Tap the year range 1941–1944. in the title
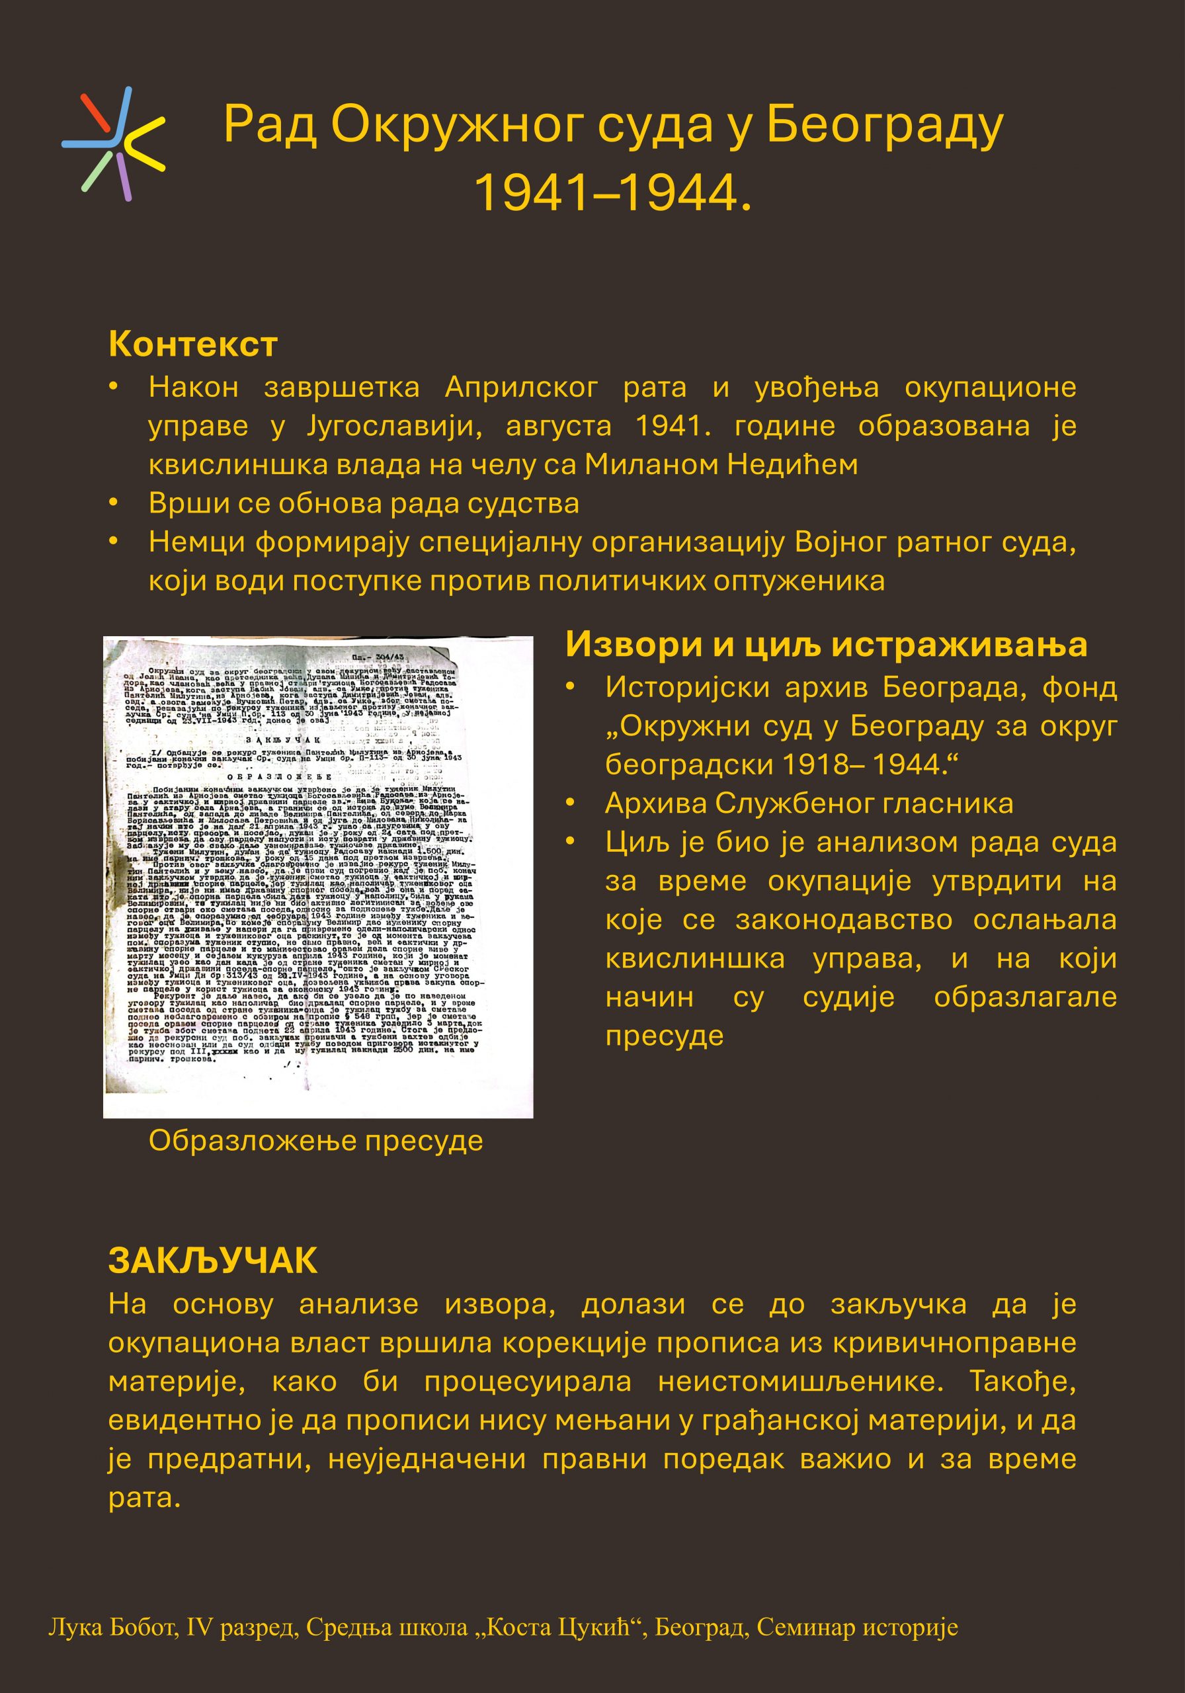point(613,192)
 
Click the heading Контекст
point(192,345)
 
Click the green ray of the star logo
point(97,172)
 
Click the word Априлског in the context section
point(521,387)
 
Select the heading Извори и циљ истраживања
point(826,644)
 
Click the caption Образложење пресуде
point(315,1141)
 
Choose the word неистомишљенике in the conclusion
point(800,1381)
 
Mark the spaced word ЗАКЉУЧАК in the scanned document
point(282,739)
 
